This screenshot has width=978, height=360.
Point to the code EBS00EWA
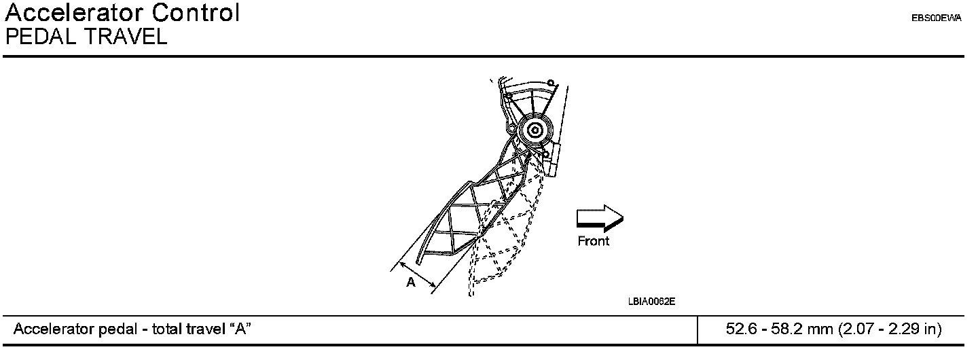point(937,19)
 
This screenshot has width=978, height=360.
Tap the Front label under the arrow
point(594,241)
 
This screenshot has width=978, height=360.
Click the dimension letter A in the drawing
point(410,283)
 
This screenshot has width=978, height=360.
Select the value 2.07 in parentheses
point(856,330)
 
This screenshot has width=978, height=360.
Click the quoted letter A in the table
point(239,330)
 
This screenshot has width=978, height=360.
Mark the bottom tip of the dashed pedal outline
point(470,293)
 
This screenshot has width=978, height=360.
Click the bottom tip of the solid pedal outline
point(418,262)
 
